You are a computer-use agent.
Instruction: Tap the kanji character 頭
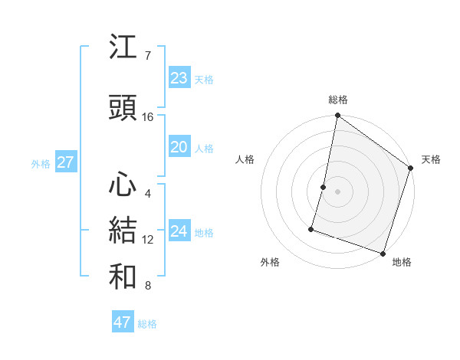123,109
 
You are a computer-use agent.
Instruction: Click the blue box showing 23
179,78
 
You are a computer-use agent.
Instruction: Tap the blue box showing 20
179,147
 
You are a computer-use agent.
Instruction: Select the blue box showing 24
179,231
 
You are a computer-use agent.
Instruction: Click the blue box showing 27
65,162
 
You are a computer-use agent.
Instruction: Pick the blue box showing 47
123,322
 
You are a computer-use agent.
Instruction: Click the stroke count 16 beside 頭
148,117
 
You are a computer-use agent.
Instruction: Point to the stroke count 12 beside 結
148,240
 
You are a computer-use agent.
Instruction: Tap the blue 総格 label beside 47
147,324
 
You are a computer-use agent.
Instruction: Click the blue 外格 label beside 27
41,163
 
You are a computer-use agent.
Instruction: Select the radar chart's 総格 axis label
337,100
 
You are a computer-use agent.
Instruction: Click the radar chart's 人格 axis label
245,159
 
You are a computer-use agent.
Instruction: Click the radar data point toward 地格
383,253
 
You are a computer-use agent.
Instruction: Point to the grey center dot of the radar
337,191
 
